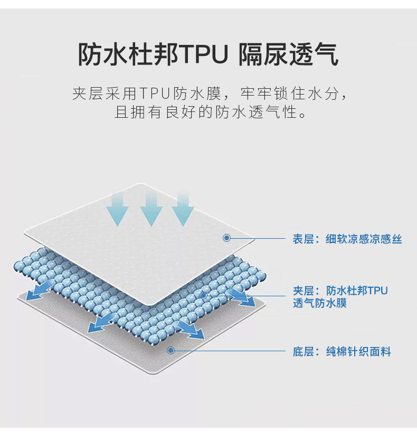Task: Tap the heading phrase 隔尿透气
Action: (288, 54)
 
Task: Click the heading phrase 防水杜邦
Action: (129, 54)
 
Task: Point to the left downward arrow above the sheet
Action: (117, 208)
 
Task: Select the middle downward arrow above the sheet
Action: (150, 208)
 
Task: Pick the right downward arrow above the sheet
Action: (183, 208)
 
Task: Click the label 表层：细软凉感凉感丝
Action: (347, 239)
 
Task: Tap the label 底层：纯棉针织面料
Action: (342, 352)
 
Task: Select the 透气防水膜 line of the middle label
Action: (320, 304)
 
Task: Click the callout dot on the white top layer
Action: (226, 238)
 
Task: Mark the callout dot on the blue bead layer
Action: (203, 296)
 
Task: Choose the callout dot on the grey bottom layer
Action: (170, 350)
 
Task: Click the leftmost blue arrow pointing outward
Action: (37, 290)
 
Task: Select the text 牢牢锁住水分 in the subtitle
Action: (292, 95)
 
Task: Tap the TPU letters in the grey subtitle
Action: (156, 95)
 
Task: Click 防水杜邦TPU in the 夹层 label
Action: (357, 290)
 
